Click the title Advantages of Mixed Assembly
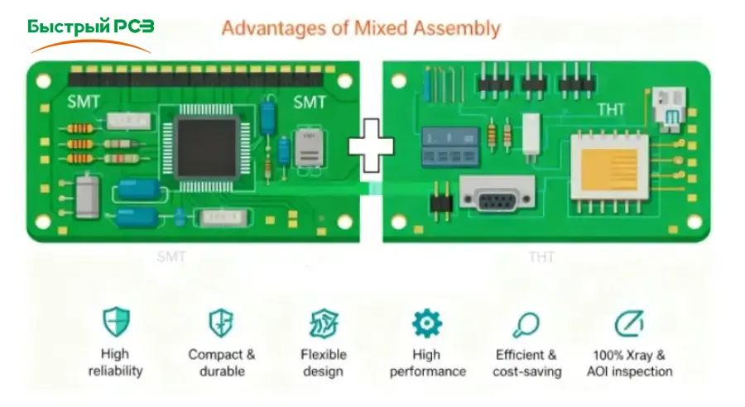click(x=361, y=29)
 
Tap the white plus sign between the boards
click(x=372, y=146)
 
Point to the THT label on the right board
click(x=611, y=110)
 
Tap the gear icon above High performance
click(x=427, y=323)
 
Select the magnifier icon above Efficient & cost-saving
click(x=526, y=323)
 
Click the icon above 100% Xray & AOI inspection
click(x=629, y=323)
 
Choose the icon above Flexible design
click(x=323, y=323)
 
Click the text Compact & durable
click(x=222, y=363)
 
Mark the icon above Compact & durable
click(x=221, y=323)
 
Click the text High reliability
click(x=115, y=363)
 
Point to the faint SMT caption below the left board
click(x=171, y=256)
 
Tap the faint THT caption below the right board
click(x=543, y=257)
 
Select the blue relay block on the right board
click(x=450, y=146)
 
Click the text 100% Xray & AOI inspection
click(x=629, y=363)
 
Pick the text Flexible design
click(x=323, y=363)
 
